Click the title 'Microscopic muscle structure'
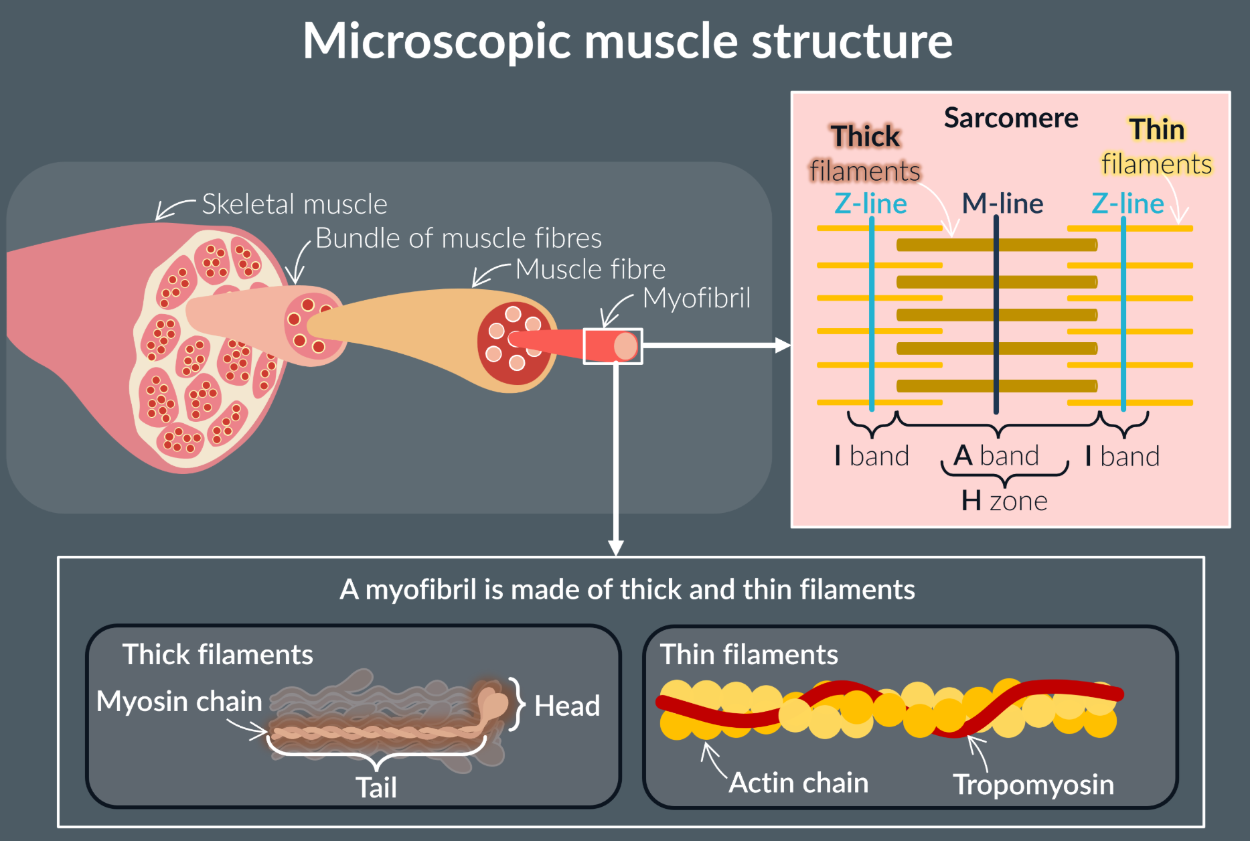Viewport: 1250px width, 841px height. [x=627, y=42]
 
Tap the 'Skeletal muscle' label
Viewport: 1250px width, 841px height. [x=295, y=204]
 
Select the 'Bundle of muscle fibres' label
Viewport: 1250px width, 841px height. [x=458, y=238]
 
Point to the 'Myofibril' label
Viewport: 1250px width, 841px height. [x=696, y=299]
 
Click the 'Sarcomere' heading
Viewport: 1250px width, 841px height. [x=1011, y=119]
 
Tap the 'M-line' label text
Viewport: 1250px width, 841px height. [x=1002, y=204]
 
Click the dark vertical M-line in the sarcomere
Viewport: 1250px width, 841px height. [x=996, y=335]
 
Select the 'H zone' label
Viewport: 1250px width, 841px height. [x=1004, y=501]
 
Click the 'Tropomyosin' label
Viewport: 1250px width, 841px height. [x=1033, y=785]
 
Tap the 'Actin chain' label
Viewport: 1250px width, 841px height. [x=798, y=783]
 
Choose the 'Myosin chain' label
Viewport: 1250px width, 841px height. [x=179, y=702]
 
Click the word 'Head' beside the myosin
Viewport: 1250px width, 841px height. [x=567, y=706]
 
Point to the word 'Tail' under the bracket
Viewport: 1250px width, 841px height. [x=376, y=787]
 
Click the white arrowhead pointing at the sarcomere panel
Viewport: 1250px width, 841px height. [x=782, y=346]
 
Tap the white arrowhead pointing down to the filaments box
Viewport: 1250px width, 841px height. [x=616, y=548]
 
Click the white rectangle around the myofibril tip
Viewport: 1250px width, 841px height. [x=613, y=346]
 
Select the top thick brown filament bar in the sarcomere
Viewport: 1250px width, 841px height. [x=996, y=245]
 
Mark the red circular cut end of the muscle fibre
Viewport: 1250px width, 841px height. [x=514, y=343]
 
